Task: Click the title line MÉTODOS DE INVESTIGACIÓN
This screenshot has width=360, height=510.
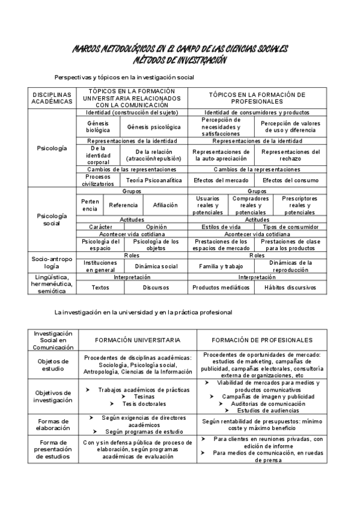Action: pyautogui.click(x=180, y=60)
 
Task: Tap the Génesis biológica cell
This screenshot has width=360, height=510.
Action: pyautogui.click(x=98, y=127)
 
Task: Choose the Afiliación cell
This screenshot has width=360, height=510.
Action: pyautogui.click(x=165, y=205)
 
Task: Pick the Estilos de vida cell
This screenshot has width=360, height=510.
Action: pyautogui.click(x=222, y=227)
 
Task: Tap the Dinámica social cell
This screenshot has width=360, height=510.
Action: pyautogui.click(x=156, y=266)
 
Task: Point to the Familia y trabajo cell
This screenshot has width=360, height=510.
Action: pyautogui.click(x=221, y=266)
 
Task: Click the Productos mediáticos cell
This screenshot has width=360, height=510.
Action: pyautogui.click(x=221, y=287)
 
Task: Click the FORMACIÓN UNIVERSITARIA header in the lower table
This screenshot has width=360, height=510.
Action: pyautogui.click(x=138, y=340)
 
